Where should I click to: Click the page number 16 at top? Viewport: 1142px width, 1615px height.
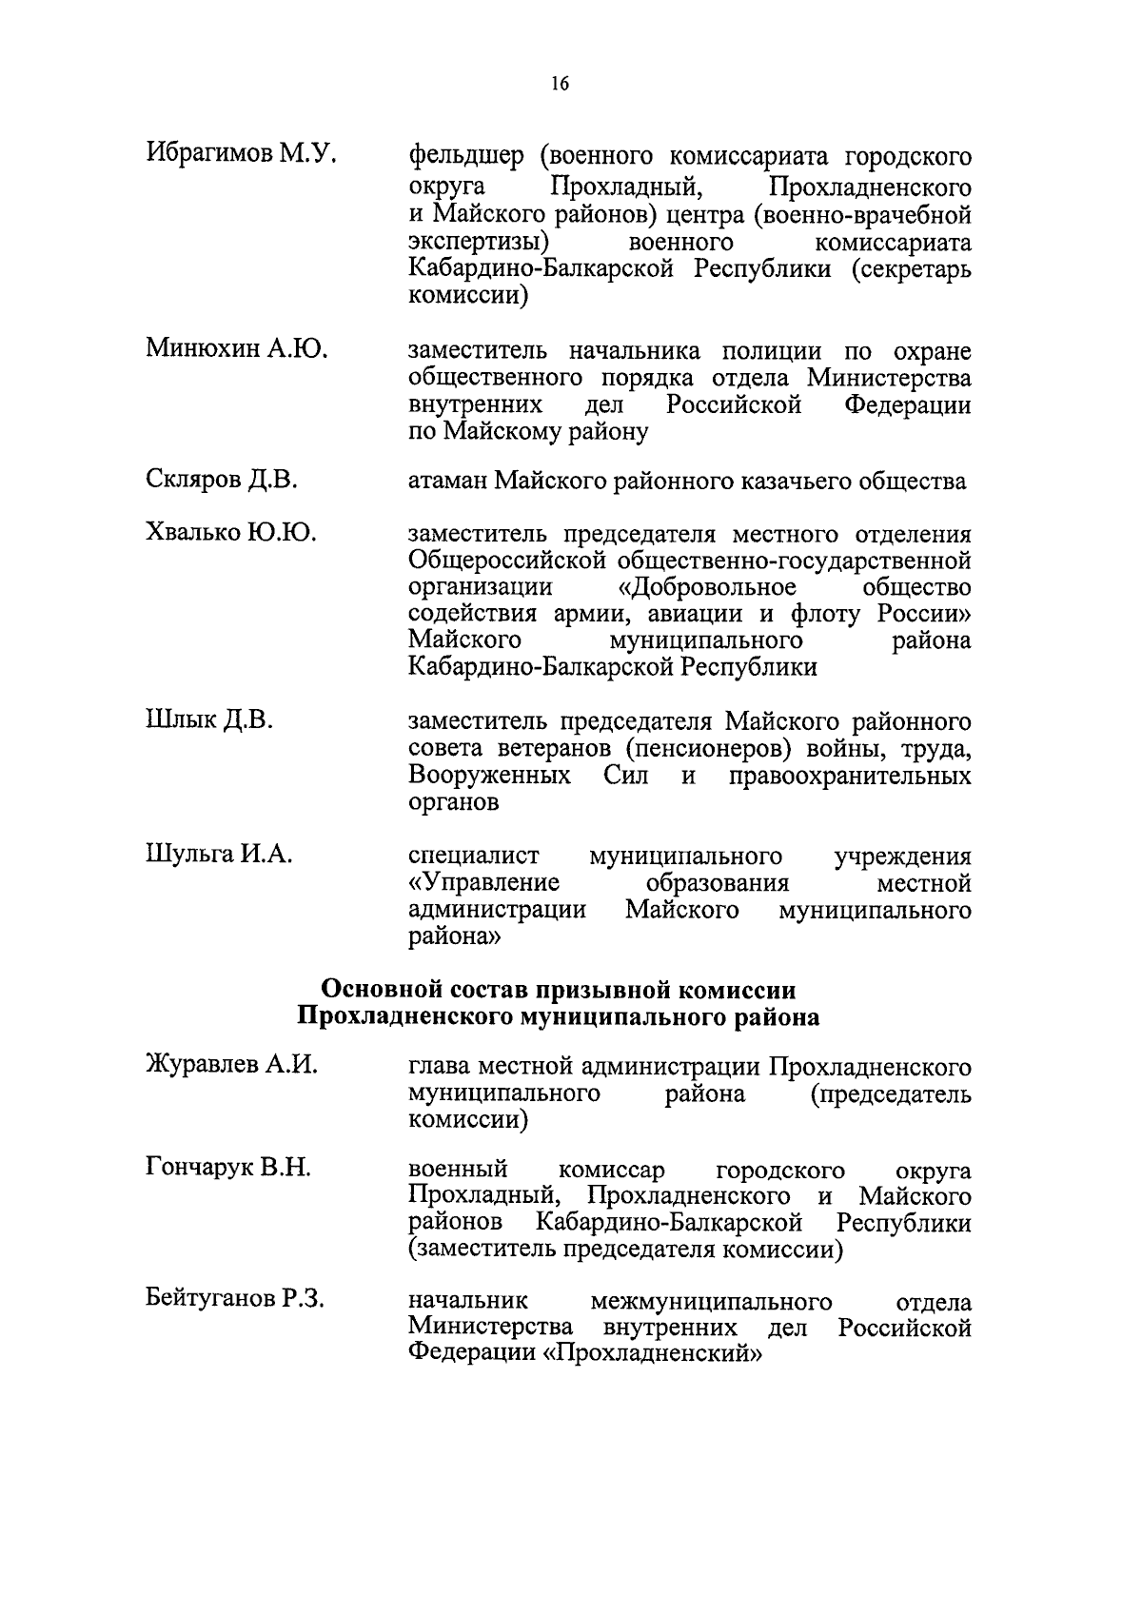[x=560, y=86]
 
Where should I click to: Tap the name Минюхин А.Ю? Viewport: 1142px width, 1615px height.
[x=237, y=350]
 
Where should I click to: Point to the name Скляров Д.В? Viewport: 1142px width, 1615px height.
[x=222, y=482]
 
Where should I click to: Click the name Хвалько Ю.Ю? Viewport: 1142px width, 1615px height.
[x=231, y=534]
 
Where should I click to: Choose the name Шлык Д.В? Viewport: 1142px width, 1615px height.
[x=209, y=720]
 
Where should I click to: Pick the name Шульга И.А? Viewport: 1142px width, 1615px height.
[x=219, y=856]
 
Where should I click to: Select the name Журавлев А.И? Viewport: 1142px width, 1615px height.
[x=231, y=1066]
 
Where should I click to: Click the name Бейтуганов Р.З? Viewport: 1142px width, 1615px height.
[x=235, y=1300]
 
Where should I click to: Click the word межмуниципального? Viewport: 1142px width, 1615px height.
[x=711, y=1300]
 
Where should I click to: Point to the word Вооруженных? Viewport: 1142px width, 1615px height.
[x=489, y=776]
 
